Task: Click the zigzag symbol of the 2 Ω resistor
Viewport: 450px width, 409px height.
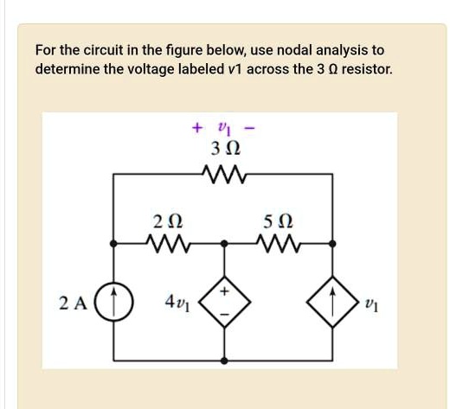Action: pos(165,245)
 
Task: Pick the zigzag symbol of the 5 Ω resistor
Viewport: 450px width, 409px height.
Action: pos(280,245)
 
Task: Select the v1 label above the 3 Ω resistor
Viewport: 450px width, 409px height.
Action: pos(223,129)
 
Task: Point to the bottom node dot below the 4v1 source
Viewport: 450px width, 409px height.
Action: pos(224,361)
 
